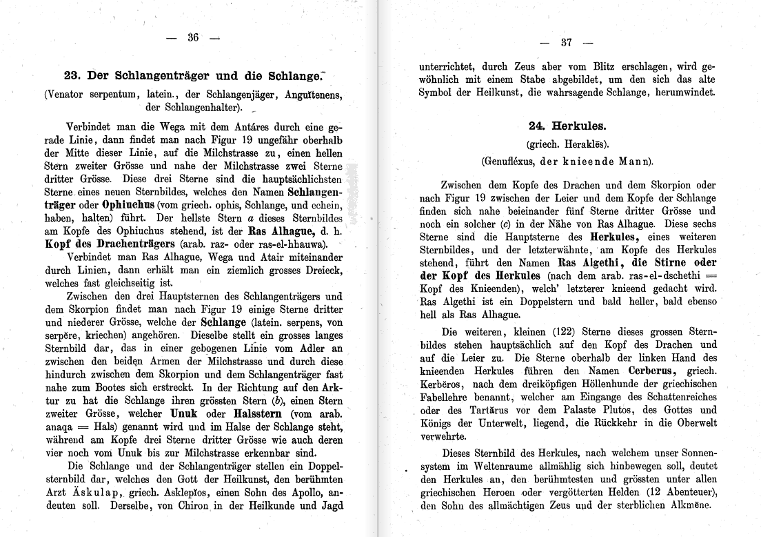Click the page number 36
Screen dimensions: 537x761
(193, 38)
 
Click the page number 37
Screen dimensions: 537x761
(567, 42)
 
